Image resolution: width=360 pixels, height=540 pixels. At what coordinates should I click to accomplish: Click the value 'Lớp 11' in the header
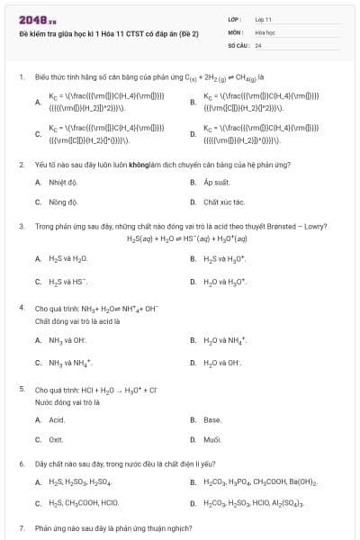pyautogui.click(x=263, y=19)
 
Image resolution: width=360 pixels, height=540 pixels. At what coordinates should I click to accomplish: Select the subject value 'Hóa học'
pyautogui.click(x=265, y=31)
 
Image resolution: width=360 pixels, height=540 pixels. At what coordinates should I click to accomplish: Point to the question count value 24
pyautogui.click(x=258, y=44)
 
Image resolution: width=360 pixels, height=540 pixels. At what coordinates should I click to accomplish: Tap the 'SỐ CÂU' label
pyautogui.click(x=237, y=44)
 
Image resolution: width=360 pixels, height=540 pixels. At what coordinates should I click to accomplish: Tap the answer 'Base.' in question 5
pyautogui.click(x=212, y=420)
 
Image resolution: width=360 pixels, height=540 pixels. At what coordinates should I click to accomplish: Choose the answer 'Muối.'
pyautogui.click(x=212, y=439)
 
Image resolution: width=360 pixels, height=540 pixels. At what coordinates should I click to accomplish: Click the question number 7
pyautogui.click(x=22, y=527)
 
